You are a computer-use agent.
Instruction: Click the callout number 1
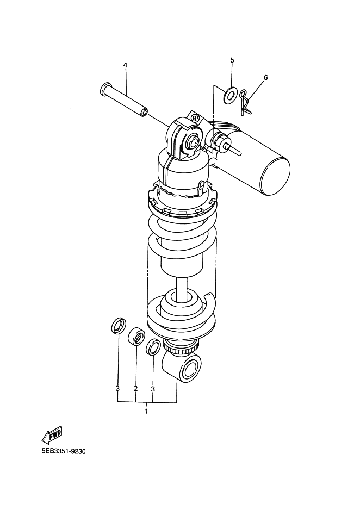[x=146, y=412]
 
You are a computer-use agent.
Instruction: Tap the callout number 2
[x=135, y=389]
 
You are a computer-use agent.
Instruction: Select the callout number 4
[x=125, y=65]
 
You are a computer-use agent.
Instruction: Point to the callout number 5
[x=232, y=60]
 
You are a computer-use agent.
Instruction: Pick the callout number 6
[x=265, y=78]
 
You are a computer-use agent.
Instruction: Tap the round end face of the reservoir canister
[x=275, y=174]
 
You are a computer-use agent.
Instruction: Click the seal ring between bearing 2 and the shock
[x=153, y=347]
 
